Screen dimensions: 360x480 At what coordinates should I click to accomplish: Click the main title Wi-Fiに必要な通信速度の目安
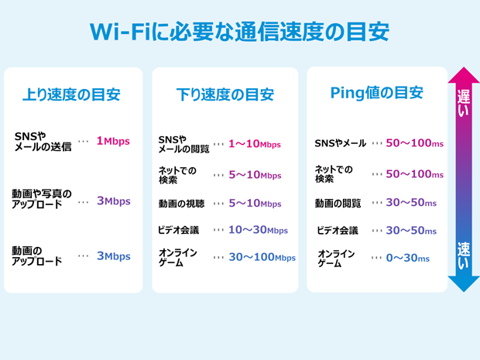[239, 33]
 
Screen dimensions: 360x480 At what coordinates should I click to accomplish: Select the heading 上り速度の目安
[71, 95]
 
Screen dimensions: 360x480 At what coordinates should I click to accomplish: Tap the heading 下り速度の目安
[225, 95]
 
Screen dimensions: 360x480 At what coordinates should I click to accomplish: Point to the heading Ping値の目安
[376, 94]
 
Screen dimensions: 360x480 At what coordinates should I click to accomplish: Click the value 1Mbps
[113, 142]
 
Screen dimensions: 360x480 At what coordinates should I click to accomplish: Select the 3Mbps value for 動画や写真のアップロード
[113, 201]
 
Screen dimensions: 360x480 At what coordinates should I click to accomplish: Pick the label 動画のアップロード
[37, 256]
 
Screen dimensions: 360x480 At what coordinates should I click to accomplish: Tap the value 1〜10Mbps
[255, 144]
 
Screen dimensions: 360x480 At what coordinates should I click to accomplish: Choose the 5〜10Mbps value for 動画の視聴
[255, 204]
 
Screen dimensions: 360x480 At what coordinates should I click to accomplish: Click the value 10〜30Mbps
[258, 230]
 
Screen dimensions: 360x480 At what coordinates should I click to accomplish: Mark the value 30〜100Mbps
[262, 257]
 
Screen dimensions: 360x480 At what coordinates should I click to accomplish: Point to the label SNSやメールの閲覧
[183, 144]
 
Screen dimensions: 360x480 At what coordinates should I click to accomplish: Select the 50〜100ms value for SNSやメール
[415, 143]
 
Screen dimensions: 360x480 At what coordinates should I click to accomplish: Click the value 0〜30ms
[407, 258]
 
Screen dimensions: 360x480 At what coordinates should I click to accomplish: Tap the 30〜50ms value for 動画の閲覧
[410, 203]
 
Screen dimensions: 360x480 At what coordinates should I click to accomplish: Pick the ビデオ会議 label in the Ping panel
[338, 231]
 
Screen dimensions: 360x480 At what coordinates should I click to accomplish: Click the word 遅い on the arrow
[464, 104]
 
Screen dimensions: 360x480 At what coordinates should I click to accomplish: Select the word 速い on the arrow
[464, 256]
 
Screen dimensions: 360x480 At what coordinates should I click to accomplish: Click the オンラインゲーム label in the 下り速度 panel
[178, 258]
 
